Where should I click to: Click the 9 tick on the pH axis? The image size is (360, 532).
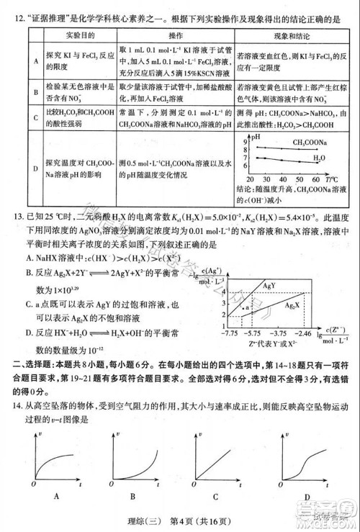[x=246, y=142]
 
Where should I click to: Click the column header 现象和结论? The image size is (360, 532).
[x=291, y=34]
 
